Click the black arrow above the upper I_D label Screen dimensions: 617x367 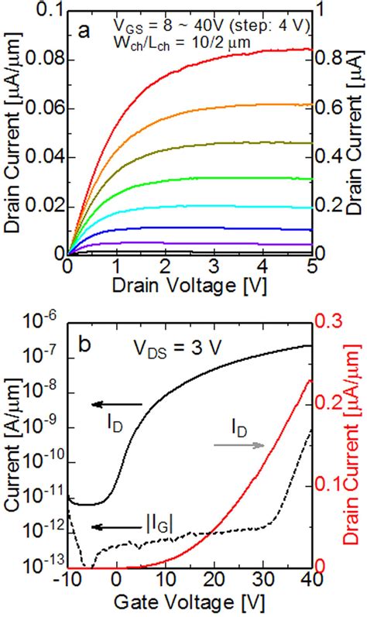pyautogui.click(x=116, y=404)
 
